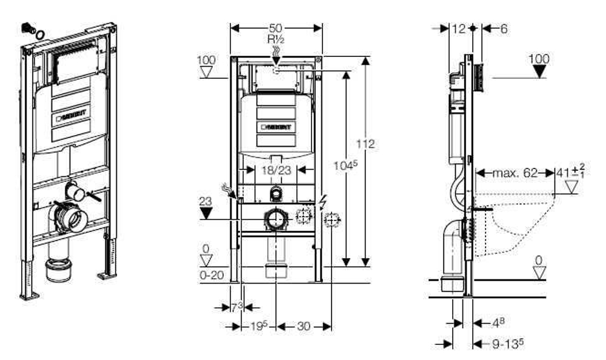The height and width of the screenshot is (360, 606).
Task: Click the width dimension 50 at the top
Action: (x=276, y=28)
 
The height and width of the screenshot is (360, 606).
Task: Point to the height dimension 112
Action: (x=367, y=144)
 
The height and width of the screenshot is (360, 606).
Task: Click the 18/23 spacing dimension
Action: (x=276, y=172)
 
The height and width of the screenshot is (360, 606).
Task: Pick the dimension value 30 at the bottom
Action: (x=304, y=326)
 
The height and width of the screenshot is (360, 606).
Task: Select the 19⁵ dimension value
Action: (x=257, y=326)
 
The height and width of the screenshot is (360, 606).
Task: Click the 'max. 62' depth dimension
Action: (x=514, y=173)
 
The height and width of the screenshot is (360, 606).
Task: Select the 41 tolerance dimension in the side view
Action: (x=570, y=173)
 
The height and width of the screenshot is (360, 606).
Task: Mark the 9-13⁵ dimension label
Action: (x=507, y=344)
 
